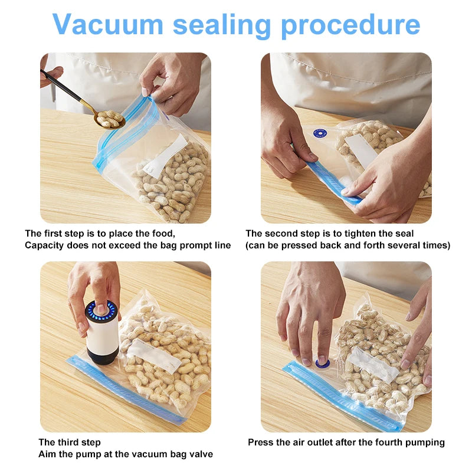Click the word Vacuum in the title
point(108,24)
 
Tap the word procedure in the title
point(350,26)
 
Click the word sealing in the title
point(222,26)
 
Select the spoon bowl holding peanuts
point(109,119)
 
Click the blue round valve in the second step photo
point(320,133)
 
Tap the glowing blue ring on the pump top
point(101,311)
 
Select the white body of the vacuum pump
point(102,335)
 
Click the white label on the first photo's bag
point(166,156)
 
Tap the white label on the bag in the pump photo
point(154,356)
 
